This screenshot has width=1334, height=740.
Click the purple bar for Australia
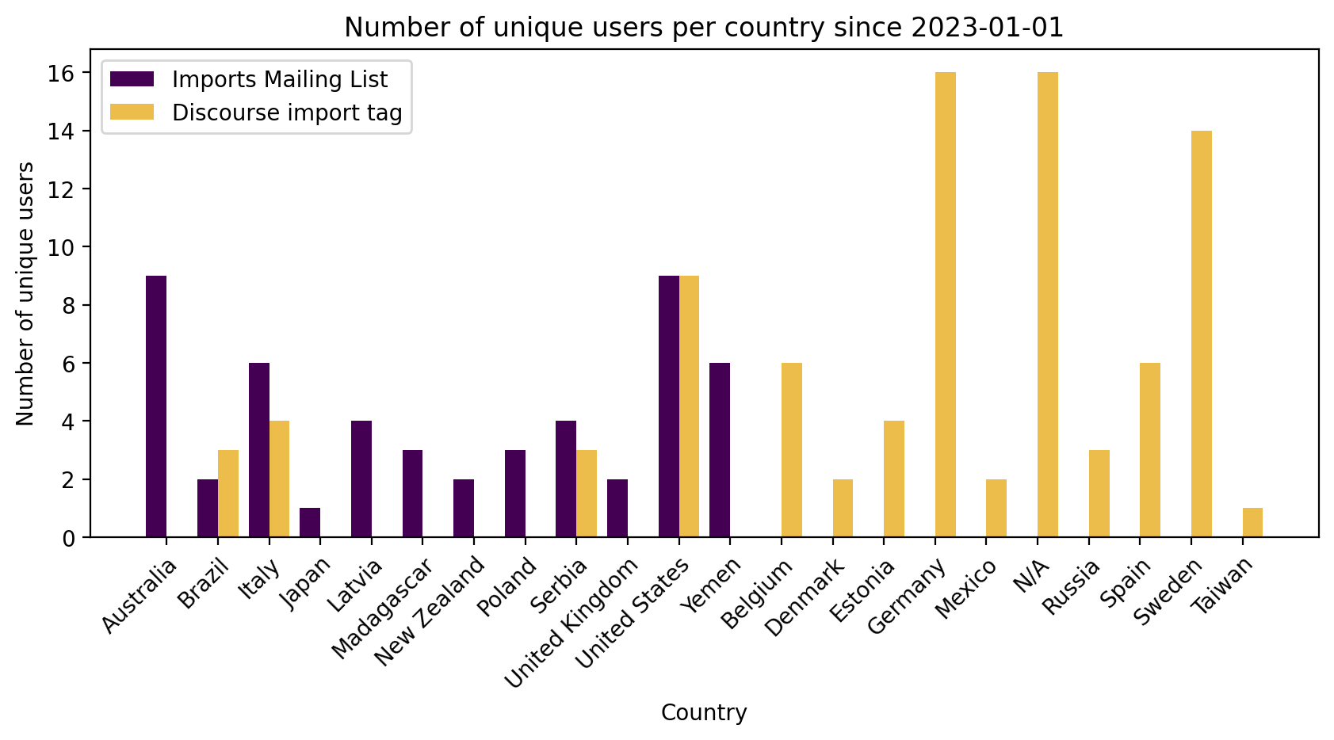pos(156,406)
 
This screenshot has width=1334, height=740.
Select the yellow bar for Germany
pos(945,305)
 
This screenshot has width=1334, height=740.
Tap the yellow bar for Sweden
pos(1201,334)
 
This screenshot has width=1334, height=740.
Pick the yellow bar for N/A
pos(1047,305)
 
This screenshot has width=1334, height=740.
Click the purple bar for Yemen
pos(720,450)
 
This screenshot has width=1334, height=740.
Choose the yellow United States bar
pos(689,406)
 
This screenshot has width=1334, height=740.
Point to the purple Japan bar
pos(310,523)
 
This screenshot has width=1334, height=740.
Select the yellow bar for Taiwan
pos(1252,523)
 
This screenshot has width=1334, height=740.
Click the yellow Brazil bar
pos(228,494)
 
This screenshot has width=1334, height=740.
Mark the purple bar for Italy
pos(259,450)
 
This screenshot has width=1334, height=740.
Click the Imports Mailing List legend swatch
pos(132,79)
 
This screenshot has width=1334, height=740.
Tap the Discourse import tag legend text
pos(287,113)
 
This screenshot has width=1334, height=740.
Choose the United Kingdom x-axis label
pos(572,621)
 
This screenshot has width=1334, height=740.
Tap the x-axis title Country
pos(704,713)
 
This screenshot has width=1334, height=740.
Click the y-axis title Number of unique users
pos(25,293)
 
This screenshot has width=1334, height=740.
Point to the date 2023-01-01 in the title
pos(987,28)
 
